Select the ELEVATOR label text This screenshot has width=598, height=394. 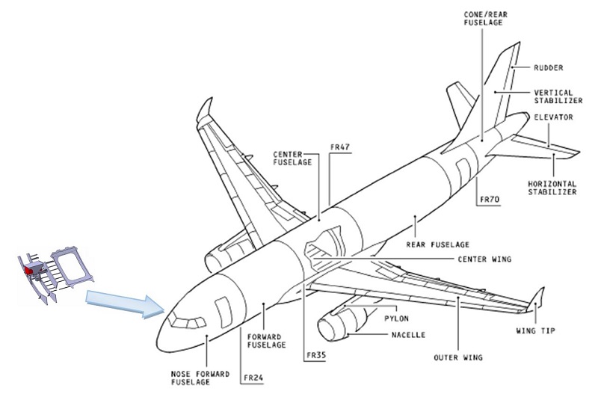(553, 117)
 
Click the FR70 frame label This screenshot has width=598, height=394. (490, 200)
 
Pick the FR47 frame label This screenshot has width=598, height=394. (340, 147)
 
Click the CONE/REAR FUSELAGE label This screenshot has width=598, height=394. (481, 18)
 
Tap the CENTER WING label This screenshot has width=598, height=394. (484, 259)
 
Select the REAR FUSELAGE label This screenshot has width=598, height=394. (437, 244)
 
